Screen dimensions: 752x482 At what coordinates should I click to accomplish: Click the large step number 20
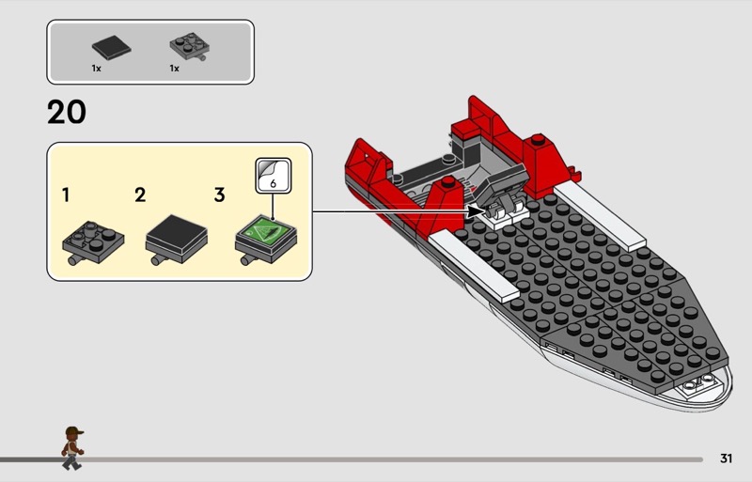click(x=67, y=112)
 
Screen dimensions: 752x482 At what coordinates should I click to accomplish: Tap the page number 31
click(x=726, y=459)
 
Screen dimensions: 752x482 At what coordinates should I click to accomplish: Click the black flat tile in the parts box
click(x=111, y=48)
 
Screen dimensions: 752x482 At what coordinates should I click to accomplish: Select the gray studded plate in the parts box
click(x=190, y=47)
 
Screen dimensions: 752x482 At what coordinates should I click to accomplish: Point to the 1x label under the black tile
click(x=97, y=69)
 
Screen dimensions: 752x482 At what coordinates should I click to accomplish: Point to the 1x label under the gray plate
click(x=174, y=69)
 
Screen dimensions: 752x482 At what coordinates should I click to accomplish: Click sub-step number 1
click(x=66, y=195)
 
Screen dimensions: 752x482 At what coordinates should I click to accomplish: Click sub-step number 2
click(x=140, y=195)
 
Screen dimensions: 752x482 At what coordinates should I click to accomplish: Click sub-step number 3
click(x=219, y=195)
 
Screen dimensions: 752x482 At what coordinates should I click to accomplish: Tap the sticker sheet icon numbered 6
click(x=274, y=176)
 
